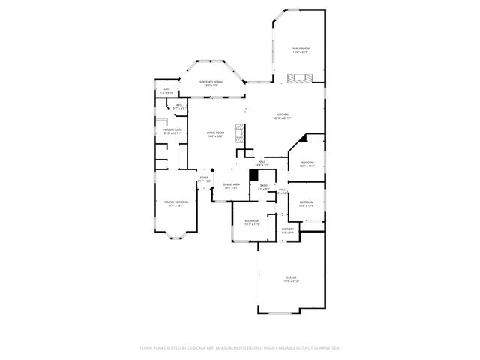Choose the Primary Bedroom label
[x=174, y=202]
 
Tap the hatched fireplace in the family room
[x=300, y=77]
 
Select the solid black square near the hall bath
[x=253, y=174]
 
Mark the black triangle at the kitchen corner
[x=302, y=137]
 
